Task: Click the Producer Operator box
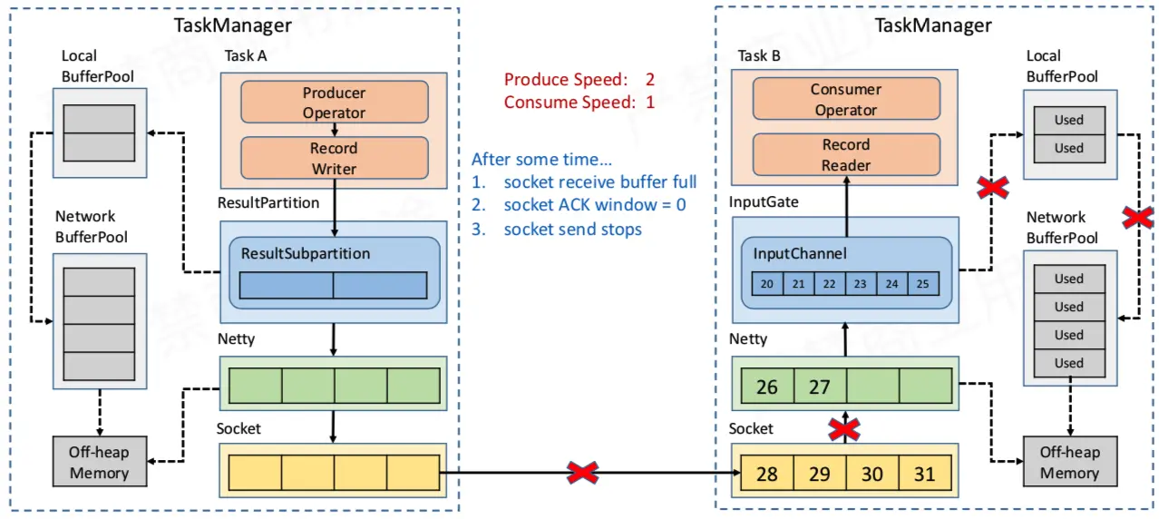(335, 102)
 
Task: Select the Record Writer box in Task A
(335, 158)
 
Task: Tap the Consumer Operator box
(846, 99)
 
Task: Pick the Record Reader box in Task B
(846, 154)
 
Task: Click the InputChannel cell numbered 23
(861, 284)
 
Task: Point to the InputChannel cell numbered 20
(767, 284)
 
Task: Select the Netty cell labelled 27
(820, 386)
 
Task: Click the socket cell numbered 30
(872, 473)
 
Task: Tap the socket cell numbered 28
(767, 473)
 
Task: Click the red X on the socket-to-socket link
(582, 473)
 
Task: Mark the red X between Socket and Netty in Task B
(844, 429)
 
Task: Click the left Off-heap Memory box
(100, 462)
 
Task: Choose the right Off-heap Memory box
(1070, 462)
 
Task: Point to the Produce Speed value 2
(650, 79)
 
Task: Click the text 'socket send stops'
(573, 229)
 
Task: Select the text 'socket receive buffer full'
(600, 181)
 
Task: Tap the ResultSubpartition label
(306, 253)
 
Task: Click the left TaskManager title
(232, 25)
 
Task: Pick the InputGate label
(764, 201)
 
